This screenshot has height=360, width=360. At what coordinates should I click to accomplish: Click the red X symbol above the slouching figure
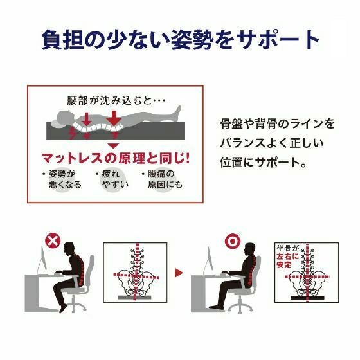[x=53, y=241]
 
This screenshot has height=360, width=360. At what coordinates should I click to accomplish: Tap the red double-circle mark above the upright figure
[x=233, y=241]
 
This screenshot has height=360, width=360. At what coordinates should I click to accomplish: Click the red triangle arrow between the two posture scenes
[x=179, y=273]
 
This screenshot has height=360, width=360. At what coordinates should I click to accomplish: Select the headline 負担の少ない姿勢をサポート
[x=180, y=39]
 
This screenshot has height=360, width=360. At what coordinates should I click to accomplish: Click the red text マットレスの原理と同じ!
[x=116, y=158]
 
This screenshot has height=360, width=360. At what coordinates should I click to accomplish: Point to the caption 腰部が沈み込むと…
[x=116, y=100]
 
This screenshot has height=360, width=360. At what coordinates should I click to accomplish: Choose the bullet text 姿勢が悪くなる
[x=62, y=179]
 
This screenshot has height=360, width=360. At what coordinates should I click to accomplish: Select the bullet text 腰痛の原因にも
[x=163, y=179]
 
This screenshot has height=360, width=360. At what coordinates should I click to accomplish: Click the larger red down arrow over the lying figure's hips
[x=113, y=118]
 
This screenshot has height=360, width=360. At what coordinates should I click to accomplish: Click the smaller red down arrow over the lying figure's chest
[x=87, y=119]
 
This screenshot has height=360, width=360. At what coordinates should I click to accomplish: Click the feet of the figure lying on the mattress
[x=177, y=111]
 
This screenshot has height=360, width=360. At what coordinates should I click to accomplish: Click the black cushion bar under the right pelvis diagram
[x=307, y=298]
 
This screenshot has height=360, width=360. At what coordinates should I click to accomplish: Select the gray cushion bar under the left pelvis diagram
[x=134, y=297]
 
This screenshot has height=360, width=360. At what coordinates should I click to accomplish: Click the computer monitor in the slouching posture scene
[x=42, y=260]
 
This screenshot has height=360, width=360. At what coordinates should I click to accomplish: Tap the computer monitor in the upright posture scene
[x=210, y=260]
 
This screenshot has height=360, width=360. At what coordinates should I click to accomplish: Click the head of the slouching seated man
[x=69, y=249]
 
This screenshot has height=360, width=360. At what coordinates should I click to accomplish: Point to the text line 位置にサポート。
[x=264, y=162]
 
